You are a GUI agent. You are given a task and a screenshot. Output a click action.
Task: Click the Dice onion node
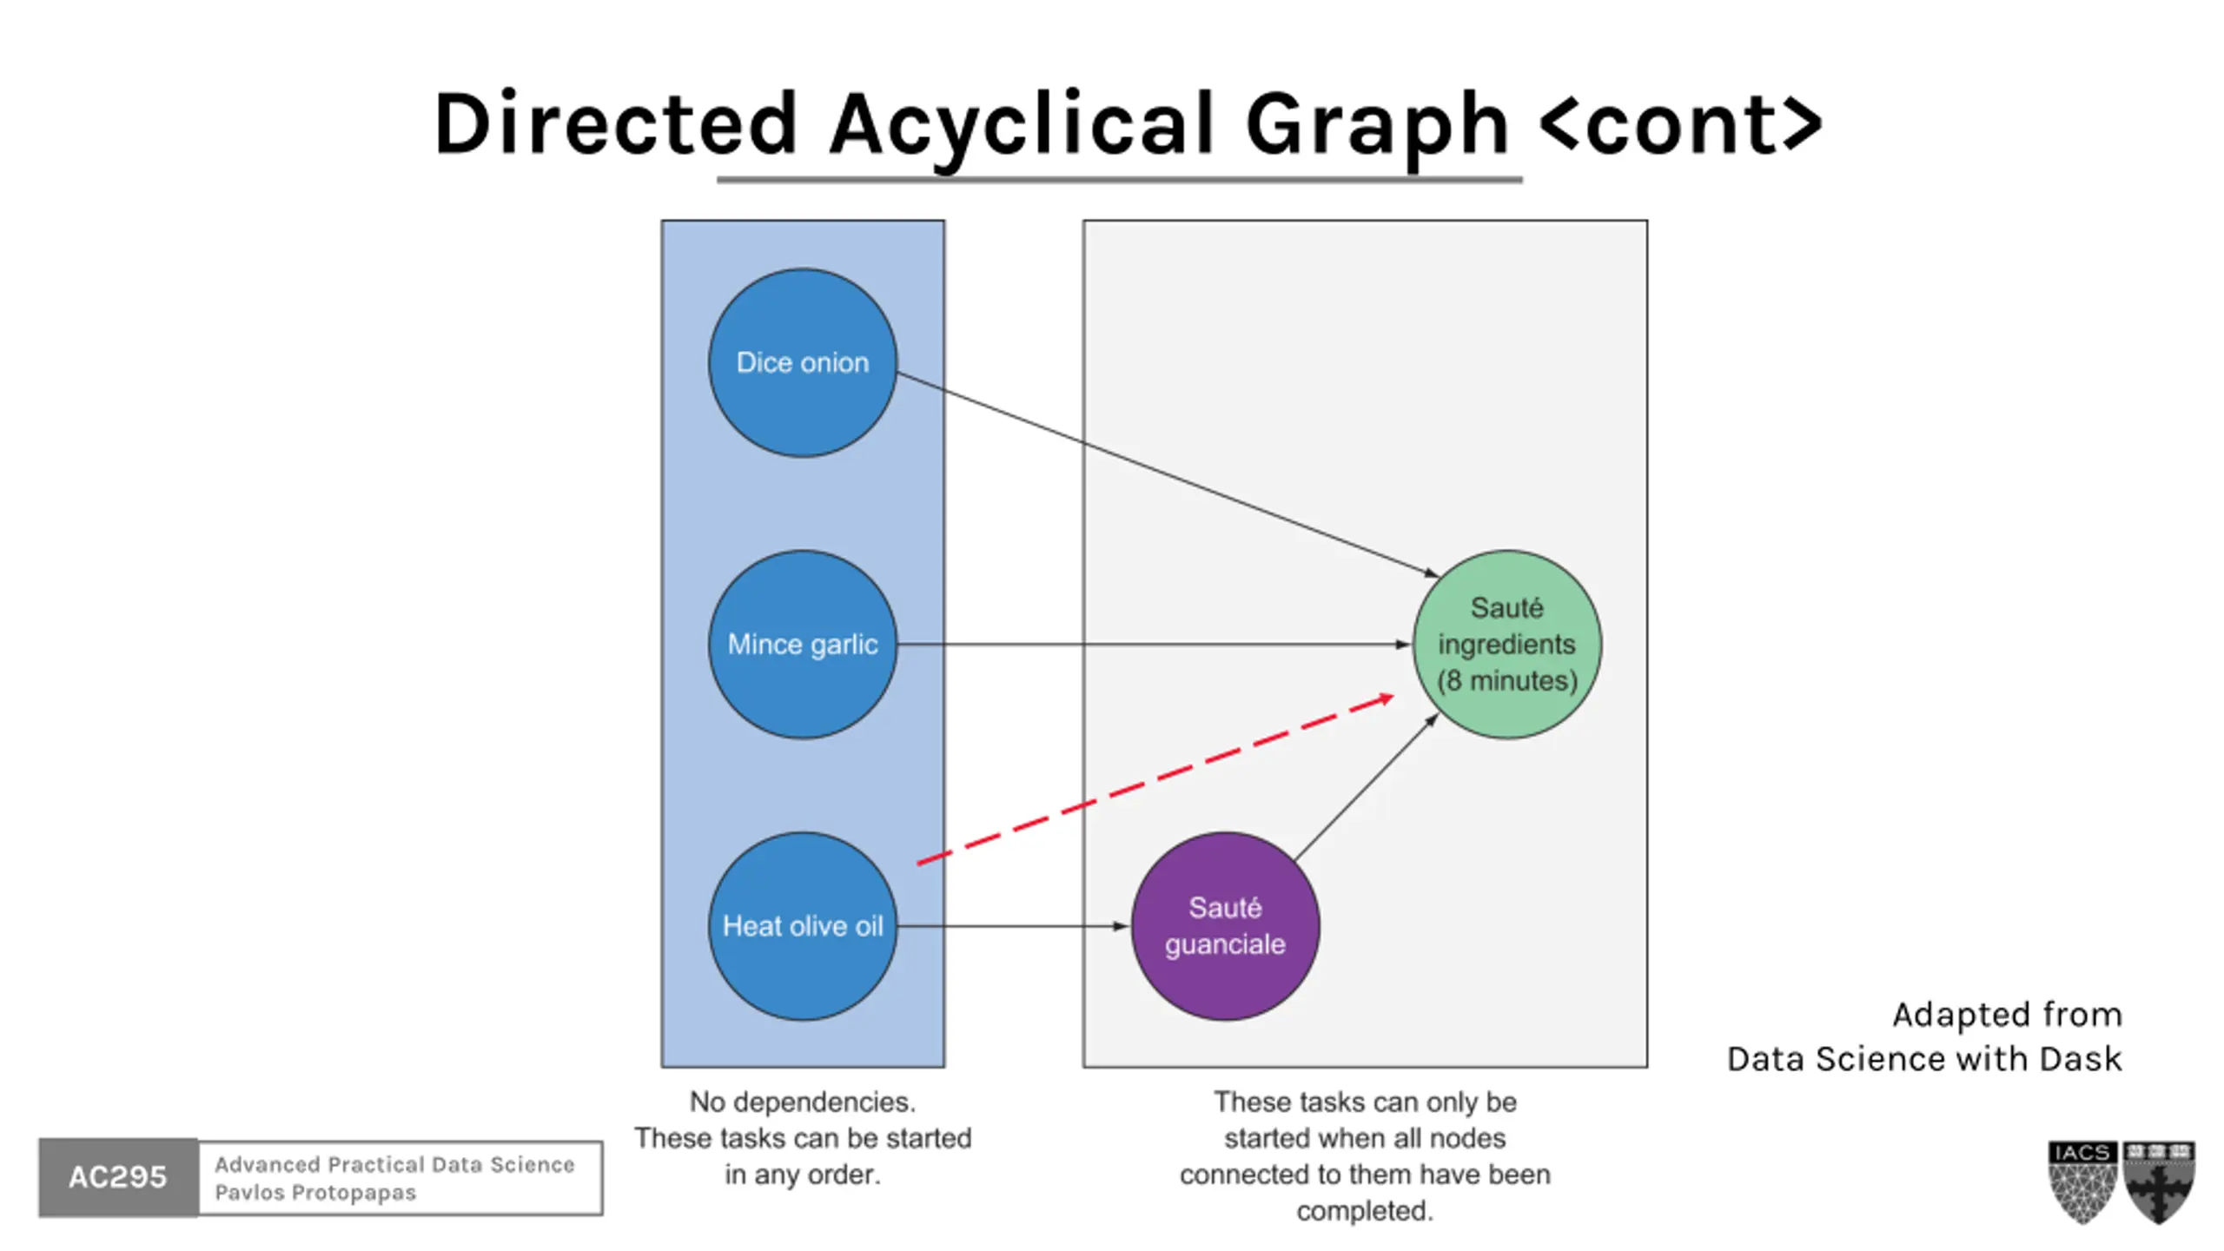[802, 362]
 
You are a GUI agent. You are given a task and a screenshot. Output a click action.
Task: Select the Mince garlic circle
[802, 644]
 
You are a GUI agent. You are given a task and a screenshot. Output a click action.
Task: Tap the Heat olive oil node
[802, 926]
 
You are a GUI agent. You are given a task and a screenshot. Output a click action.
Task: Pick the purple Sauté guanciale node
[1225, 926]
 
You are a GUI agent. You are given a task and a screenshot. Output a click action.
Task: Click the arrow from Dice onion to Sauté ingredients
[1164, 473]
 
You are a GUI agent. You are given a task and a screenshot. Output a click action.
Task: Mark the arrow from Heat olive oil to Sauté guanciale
[1012, 926]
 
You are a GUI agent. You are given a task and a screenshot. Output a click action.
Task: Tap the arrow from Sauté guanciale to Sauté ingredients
[1364, 789]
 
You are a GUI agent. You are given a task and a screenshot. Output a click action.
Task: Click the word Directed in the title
[615, 124]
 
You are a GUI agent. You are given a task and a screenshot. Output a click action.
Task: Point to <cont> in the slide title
[1680, 124]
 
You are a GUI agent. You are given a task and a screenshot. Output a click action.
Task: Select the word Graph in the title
[1377, 124]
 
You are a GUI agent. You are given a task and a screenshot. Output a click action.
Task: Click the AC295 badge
[118, 1177]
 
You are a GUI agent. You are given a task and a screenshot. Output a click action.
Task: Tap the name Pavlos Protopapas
[315, 1193]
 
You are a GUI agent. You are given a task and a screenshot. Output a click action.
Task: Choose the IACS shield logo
[2082, 1181]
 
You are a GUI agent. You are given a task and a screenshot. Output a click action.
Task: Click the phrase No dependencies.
[802, 1102]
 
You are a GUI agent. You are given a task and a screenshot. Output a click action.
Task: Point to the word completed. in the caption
[1365, 1210]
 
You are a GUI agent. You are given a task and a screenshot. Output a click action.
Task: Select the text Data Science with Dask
[1923, 1059]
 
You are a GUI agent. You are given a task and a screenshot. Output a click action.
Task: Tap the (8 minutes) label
[1506, 680]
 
